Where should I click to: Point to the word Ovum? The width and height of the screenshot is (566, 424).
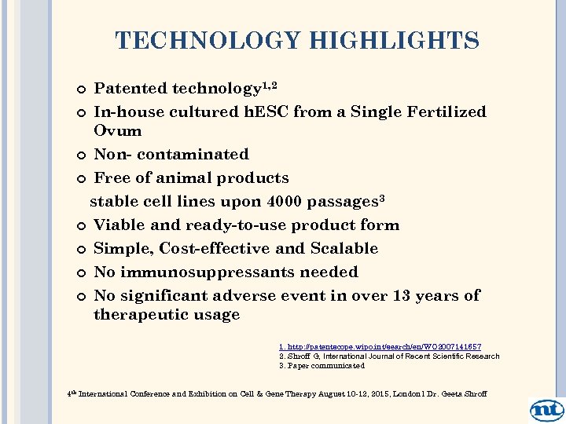pos(118,130)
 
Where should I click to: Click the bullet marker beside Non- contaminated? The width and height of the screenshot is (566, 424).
pos(83,155)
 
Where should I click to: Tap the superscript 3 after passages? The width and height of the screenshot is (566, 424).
pos(382,198)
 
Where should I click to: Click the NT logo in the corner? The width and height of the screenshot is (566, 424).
pos(546,410)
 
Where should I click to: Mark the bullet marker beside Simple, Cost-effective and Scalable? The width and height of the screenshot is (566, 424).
pos(83,250)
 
